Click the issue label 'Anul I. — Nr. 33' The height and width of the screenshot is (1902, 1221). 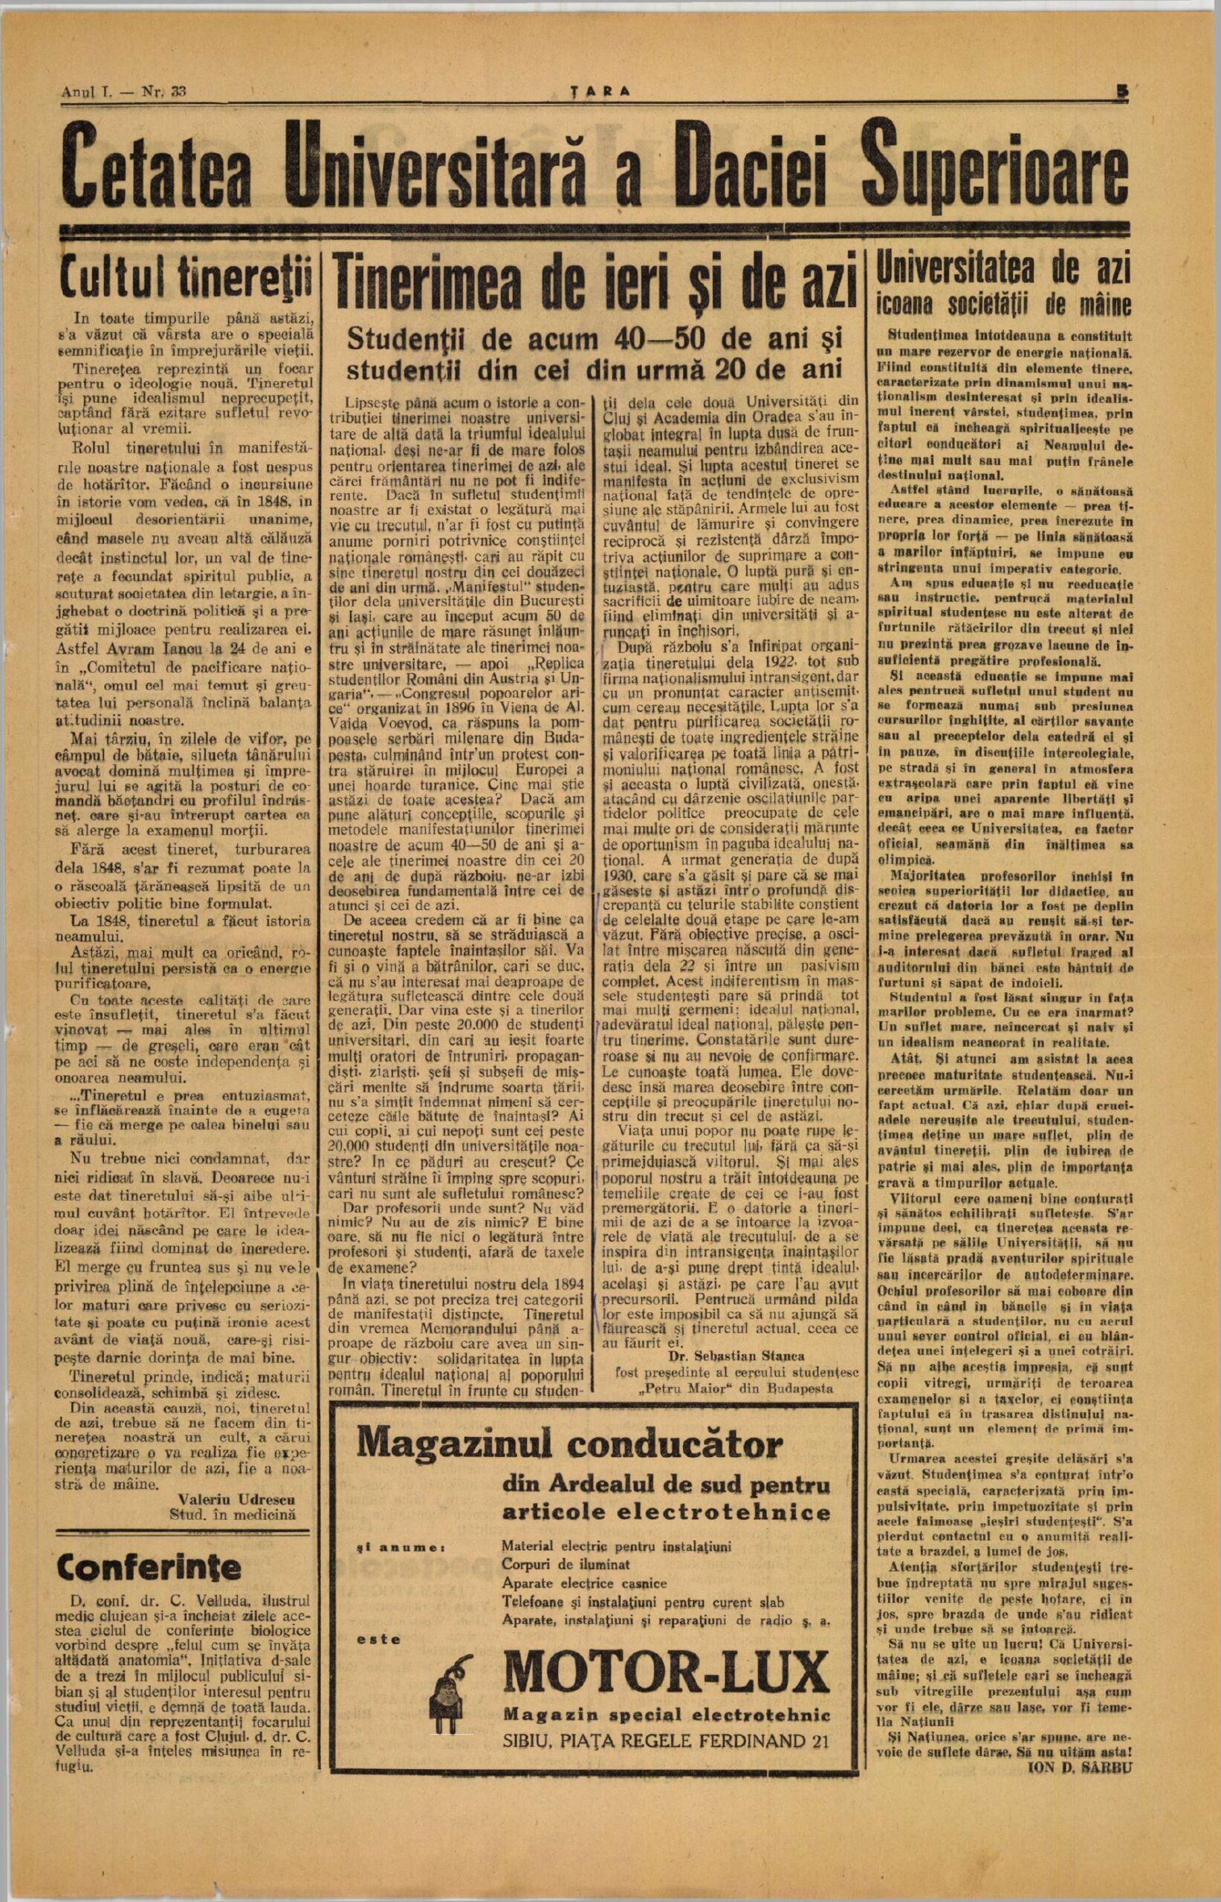(123, 91)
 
